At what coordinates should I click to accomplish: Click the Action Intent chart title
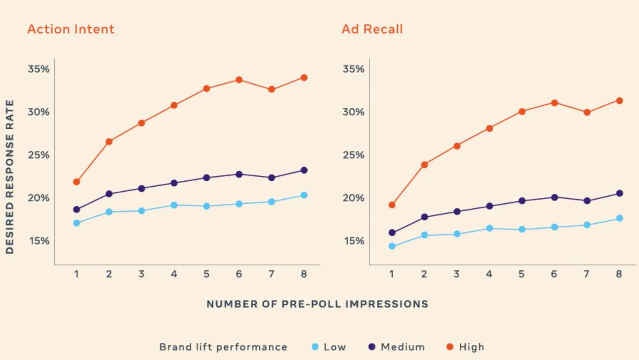pyautogui.click(x=71, y=29)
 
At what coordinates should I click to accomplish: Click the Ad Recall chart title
pyautogui.click(x=372, y=29)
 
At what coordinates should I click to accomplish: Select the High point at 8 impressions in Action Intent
pyautogui.click(x=304, y=78)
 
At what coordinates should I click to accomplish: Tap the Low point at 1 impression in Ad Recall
pyautogui.click(x=392, y=246)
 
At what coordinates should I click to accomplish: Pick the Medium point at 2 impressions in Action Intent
pyautogui.click(x=109, y=194)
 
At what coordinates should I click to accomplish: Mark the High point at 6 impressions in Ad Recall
pyautogui.click(x=554, y=103)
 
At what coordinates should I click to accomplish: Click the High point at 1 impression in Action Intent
pyautogui.click(x=76, y=182)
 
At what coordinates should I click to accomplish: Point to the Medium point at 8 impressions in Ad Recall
pyautogui.click(x=620, y=193)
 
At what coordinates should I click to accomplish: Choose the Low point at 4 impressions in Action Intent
pyautogui.click(x=174, y=205)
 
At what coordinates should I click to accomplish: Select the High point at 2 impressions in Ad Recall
pyautogui.click(x=424, y=165)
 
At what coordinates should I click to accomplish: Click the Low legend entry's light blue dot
pyautogui.click(x=315, y=347)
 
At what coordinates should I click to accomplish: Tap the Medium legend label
pyautogui.click(x=403, y=347)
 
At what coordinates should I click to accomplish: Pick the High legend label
pyautogui.click(x=472, y=347)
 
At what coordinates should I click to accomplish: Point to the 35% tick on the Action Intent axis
pyautogui.click(x=39, y=69)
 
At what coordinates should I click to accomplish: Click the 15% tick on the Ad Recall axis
pyautogui.click(x=354, y=241)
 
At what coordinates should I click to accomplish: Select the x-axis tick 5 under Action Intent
pyautogui.click(x=207, y=274)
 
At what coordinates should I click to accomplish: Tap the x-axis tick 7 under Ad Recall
pyautogui.click(x=586, y=274)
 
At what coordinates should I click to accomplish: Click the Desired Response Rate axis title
pyautogui.click(x=10, y=177)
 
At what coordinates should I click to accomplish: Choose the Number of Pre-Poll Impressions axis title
pyautogui.click(x=317, y=304)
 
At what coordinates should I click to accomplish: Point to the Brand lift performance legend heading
pyautogui.click(x=223, y=347)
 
